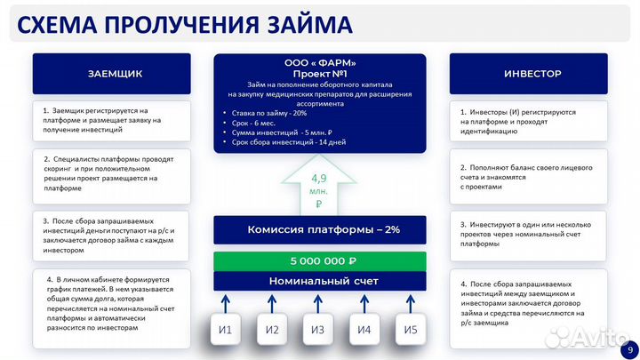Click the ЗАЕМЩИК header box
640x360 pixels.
point(115,73)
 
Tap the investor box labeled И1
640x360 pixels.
point(226,330)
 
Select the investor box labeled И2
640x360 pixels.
point(272,330)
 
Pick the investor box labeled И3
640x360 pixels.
point(318,330)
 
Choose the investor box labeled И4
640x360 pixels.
point(364,330)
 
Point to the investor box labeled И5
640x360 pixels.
point(410,330)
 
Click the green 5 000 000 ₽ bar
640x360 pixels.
point(319,261)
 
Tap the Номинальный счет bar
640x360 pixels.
point(319,281)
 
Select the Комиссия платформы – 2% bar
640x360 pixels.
point(319,229)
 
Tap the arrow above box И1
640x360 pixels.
point(226,302)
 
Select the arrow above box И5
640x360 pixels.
point(410,302)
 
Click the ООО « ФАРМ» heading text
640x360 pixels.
point(320,62)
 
